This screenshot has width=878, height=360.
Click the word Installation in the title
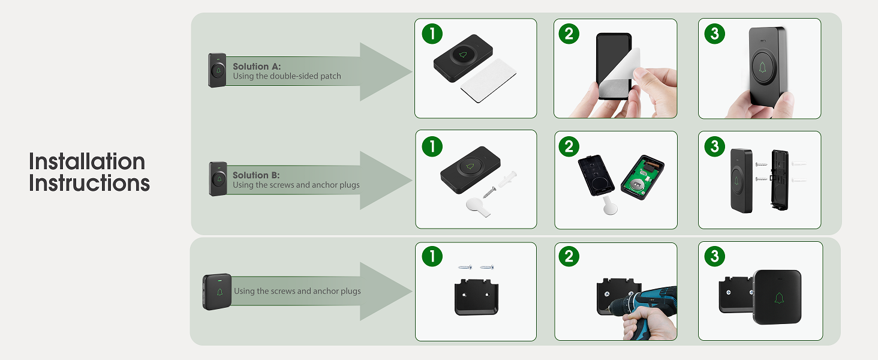click(87, 161)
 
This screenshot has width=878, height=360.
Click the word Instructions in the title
click(89, 183)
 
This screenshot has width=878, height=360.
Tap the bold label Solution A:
click(257, 67)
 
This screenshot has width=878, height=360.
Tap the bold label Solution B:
click(256, 175)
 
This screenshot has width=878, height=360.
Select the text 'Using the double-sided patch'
click(287, 76)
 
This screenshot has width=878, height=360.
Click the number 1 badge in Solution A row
click(432, 34)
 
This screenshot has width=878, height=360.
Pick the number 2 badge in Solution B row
click(569, 146)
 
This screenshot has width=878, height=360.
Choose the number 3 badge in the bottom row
click(714, 257)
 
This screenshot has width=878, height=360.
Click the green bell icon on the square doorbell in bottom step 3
click(779, 298)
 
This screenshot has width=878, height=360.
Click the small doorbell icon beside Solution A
click(217, 70)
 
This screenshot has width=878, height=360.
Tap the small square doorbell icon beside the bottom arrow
click(217, 291)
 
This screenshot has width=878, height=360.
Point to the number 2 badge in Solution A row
click(569, 34)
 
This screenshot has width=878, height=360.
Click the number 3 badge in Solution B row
click(714, 146)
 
